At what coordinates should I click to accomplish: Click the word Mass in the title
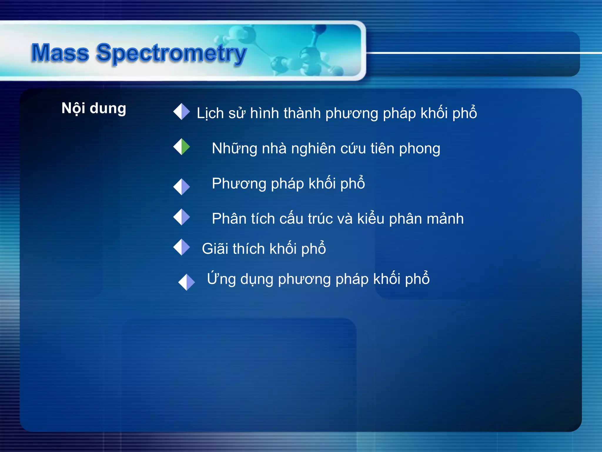60,53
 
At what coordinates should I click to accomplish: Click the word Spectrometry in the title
171,54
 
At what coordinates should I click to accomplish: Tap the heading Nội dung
94,108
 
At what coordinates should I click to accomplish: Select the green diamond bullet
182,147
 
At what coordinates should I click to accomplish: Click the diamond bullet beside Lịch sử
182,112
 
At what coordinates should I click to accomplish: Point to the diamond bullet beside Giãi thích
182,247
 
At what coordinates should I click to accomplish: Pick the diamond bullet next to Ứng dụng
187,282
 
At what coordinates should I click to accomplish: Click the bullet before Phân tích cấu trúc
182,217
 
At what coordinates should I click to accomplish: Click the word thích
249,249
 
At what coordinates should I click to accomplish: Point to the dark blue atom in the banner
320,29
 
